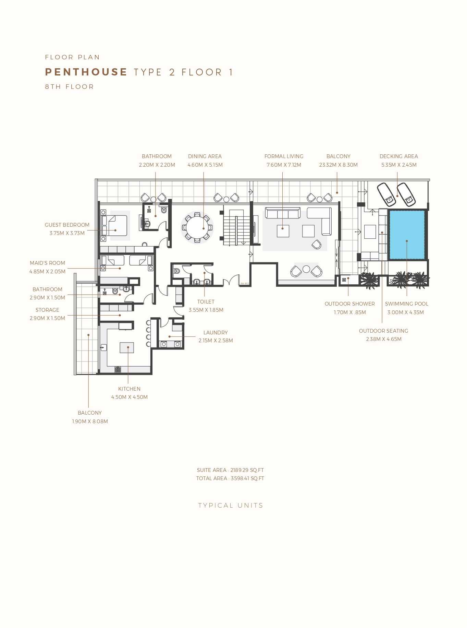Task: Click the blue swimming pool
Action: pyautogui.click(x=407, y=235)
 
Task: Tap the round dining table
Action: pyautogui.click(x=197, y=227)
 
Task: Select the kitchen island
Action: pyautogui.click(x=127, y=347)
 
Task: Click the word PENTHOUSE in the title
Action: pyautogui.click(x=86, y=72)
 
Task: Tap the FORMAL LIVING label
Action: pyautogui.click(x=284, y=156)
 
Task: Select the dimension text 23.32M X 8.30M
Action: pyautogui.click(x=338, y=165)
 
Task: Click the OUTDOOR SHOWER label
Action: pyautogui.click(x=349, y=304)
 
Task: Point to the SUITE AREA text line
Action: pyautogui.click(x=230, y=470)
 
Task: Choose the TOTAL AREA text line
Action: pyautogui.click(x=230, y=478)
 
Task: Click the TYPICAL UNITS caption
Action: pyautogui.click(x=231, y=506)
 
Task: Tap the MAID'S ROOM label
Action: pyautogui.click(x=47, y=263)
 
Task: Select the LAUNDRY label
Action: pyautogui.click(x=216, y=333)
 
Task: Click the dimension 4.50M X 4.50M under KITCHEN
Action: pyautogui.click(x=129, y=397)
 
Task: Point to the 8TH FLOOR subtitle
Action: pyautogui.click(x=69, y=87)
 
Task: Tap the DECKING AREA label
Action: pyautogui.click(x=398, y=156)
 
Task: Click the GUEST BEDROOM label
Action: pyautogui.click(x=67, y=225)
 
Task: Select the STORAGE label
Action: pyautogui.click(x=47, y=310)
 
